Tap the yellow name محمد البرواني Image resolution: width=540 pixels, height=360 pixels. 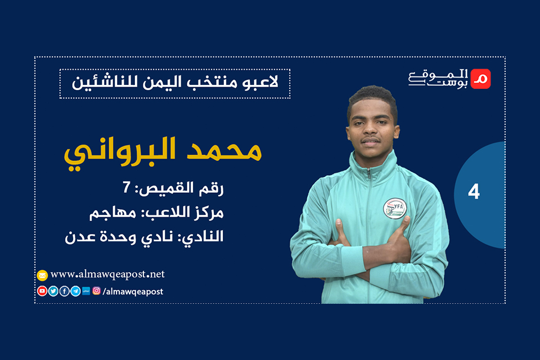click(162, 150)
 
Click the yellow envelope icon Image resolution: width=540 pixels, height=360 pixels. click(42, 276)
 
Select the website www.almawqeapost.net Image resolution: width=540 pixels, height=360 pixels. click(107, 274)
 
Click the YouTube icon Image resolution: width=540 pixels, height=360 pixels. click(42, 291)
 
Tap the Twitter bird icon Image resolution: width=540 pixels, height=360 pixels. click(53, 291)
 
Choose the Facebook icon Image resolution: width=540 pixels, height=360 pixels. click(64, 291)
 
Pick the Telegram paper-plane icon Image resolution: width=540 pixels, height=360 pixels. click(75, 291)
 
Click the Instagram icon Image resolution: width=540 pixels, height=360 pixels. click(97, 291)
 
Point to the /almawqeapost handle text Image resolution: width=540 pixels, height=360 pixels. click(133, 291)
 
